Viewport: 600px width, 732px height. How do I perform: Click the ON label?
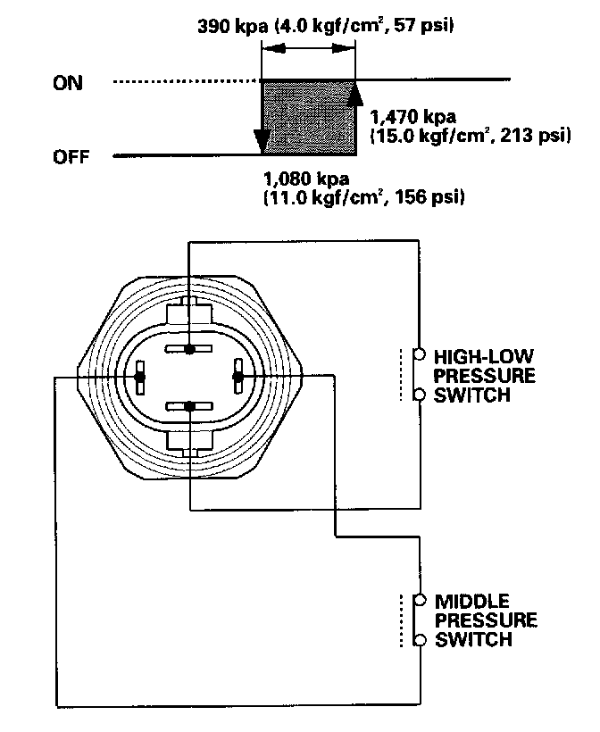coord(68,83)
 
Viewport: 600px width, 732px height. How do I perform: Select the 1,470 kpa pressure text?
coord(412,117)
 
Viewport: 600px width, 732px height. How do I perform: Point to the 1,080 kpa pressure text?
coord(306,178)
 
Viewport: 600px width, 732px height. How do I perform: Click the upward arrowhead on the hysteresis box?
coord(354,93)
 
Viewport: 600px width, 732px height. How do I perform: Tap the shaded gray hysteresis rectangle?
coord(308,119)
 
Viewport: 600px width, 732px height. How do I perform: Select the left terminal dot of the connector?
coord(139,378)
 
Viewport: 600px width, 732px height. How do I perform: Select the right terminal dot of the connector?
coord(237,378)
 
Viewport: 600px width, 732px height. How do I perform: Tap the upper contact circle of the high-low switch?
coord(418,354)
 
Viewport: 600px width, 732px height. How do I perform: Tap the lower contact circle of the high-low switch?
coord(418,394)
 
